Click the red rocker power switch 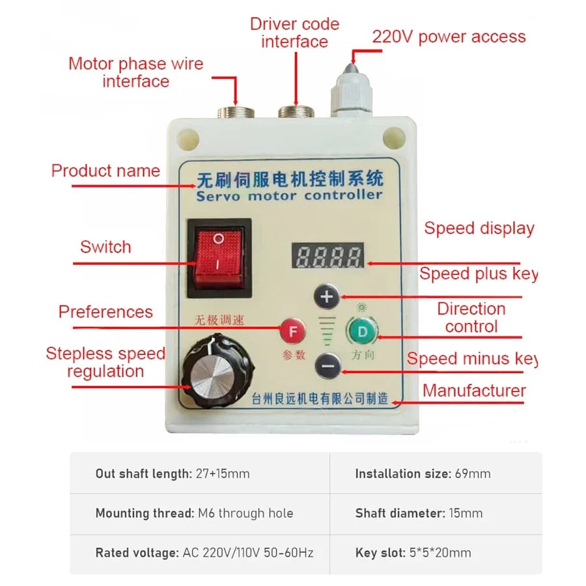click(219, 258)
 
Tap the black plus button click(327, 297)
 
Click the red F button click(293, 331)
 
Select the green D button click(362, 331)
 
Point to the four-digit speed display click(328, 256)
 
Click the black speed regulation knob click(217, 370)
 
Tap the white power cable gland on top click(352, 92)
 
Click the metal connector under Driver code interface click(296, 112)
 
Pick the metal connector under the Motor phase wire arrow click(236, 112)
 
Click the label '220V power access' click(449, 37)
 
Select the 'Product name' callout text click(105, 171)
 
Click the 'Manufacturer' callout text click(474, 391)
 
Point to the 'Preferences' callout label click(105, 312)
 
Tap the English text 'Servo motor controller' click(289, 195)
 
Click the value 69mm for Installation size click(473, 474)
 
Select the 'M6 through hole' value click(245, 513)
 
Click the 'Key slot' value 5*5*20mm click(440, 552)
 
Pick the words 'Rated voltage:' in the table click(137, 553)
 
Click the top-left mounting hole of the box click(188, 140)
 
